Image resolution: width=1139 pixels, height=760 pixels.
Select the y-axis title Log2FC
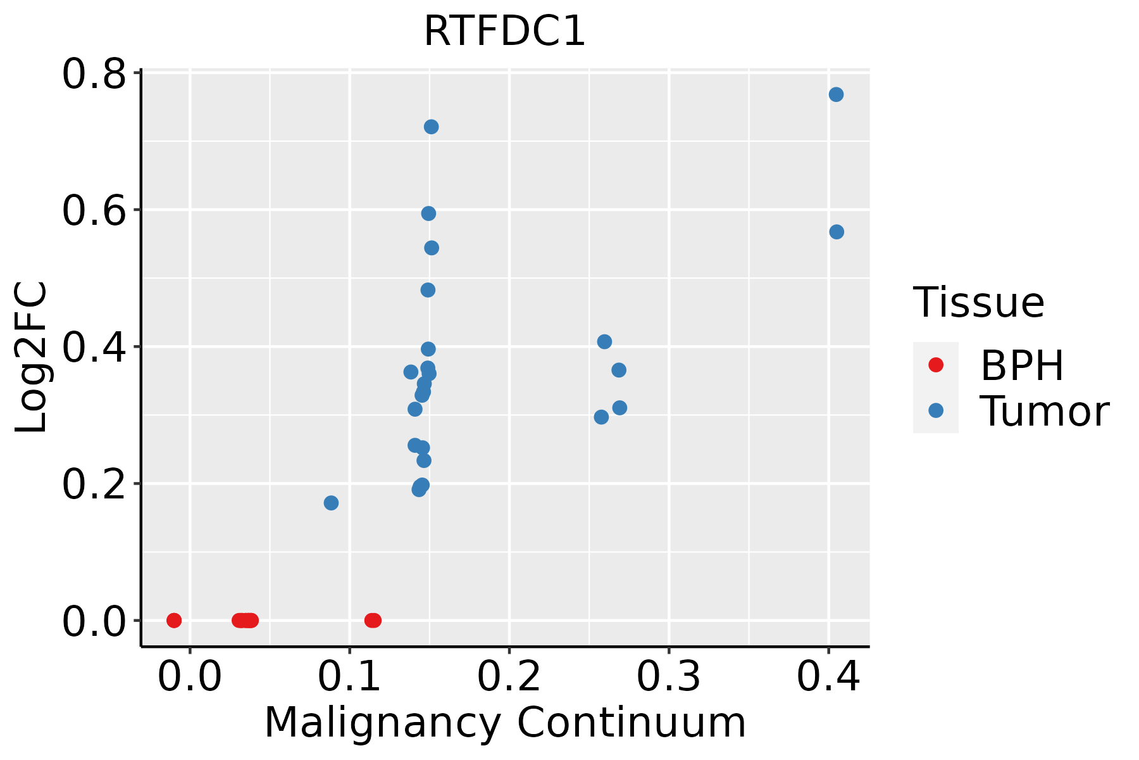coord(30,357)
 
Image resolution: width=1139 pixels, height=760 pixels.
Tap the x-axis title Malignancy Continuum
coord(504,723)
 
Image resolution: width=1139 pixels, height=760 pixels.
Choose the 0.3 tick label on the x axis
coord(668,677)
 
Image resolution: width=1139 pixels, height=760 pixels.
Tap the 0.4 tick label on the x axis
coord(828,677)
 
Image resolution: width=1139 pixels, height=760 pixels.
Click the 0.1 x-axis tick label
coord(349,677)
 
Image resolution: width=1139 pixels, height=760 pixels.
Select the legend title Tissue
coord(978,303)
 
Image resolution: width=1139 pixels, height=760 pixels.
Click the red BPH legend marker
coord(935,365)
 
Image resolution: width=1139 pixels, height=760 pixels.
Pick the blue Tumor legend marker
coord(935,410)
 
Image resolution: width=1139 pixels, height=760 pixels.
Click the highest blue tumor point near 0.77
coord(836,94)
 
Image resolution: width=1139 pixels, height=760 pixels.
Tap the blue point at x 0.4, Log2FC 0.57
coord(837,232)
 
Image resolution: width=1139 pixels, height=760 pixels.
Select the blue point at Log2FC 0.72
coord(431,127)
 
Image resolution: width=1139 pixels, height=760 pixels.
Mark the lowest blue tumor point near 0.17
coord(331,503)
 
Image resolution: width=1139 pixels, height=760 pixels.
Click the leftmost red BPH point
coord(174,620)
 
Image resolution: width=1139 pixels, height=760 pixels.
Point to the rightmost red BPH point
coord(374,620)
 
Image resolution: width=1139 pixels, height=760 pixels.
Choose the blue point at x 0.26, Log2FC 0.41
coord(604,342)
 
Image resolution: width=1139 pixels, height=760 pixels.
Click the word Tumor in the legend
coord(1044,412)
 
